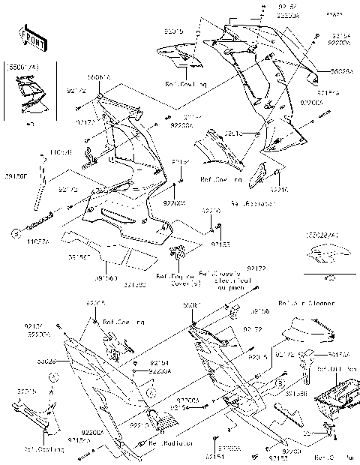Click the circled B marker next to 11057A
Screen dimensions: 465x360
(x=14, y=233)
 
